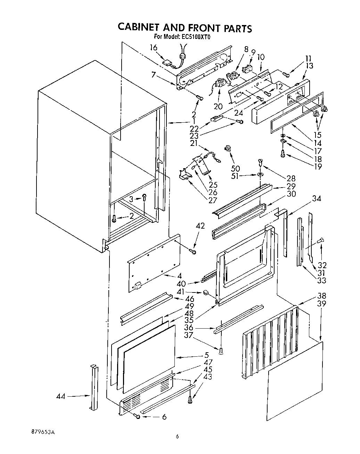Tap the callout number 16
point(154,48)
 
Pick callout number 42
point(200,226)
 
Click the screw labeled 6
point(138,417)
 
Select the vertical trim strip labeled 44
point(93,387)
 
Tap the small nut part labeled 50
point(228,149)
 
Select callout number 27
point(213,200)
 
